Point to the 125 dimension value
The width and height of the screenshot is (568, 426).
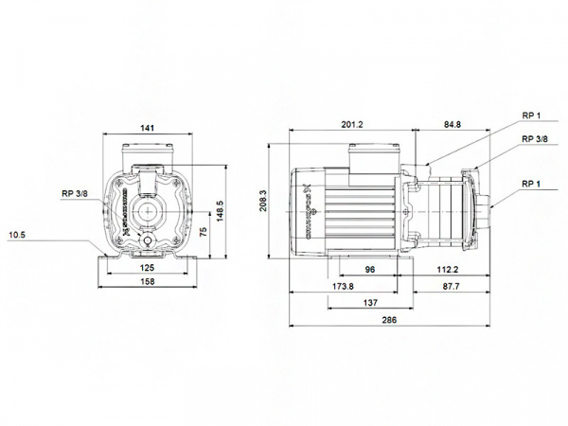[x=147, y=269]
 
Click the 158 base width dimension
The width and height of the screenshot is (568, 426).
[x=147, y=282]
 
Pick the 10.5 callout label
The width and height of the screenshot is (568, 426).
[x=18, y=234]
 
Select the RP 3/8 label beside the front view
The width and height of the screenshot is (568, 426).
[x=75, y=195]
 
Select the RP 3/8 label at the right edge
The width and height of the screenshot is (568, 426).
[x=535, y=139]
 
